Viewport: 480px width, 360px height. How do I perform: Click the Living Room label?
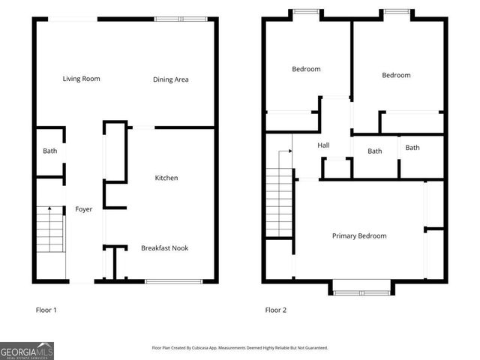pyautogui.click(x=81, y=79)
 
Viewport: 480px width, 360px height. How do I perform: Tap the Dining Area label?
pyautogui.click(x=170, y=79)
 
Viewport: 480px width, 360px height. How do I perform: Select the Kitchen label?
pyautogui.click(x=166, y=178)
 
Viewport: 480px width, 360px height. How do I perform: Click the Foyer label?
pyautogui.click(x=83, y=209)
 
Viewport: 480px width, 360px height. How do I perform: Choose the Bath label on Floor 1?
pyautogui.click(x=49, y=151)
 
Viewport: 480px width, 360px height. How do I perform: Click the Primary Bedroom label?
pyautogui.click(x=359, y=235)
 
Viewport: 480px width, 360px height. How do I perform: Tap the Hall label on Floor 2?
pyautogui.click(x=323, y=145)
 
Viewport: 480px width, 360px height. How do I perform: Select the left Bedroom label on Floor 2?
pyautogui.click(x=306, y=69)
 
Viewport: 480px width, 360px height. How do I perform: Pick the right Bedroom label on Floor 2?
pyautogui.click(x=396, y=75)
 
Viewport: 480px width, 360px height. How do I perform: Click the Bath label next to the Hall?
pyautogui.click(x=374, y=151)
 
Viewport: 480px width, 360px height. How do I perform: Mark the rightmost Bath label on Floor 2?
pyautogui.click(x=412, y=148)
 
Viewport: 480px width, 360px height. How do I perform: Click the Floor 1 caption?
pyautogui.click(x=46, y=310)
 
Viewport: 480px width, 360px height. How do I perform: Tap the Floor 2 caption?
pyautogui.click(x=275, y=310)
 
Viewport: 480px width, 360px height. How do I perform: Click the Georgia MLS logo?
pyautogui.click(x=27, y=351)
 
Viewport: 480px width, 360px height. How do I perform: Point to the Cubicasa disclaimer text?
pyautogui.click(x=240, y=347)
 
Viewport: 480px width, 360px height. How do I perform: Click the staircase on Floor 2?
pyautogui.click(x=278, y=202)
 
